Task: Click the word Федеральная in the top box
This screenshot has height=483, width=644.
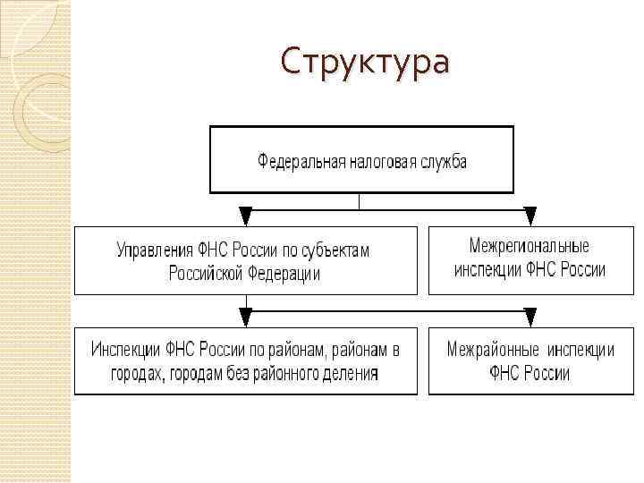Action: point(296,162)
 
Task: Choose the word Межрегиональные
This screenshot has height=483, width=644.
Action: point(530,245)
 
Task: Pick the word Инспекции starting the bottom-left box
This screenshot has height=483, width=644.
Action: point(125,350)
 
